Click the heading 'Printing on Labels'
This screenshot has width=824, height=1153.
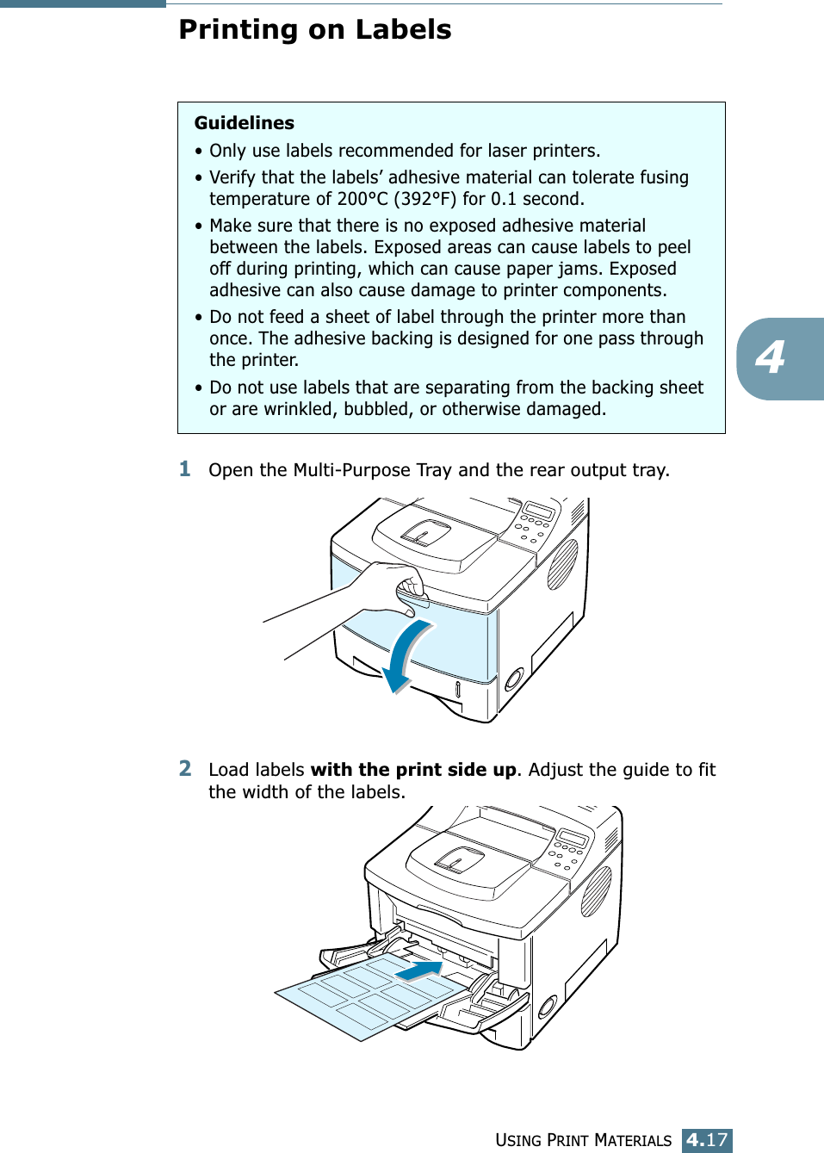314,30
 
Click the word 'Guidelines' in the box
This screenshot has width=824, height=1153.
244,123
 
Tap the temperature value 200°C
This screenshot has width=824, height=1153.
362,199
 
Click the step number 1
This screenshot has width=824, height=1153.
185,469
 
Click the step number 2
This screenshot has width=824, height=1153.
185,768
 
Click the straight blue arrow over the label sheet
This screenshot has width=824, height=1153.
419,970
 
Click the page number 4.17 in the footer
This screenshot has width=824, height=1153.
707,1140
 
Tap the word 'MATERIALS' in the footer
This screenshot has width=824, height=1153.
633,1141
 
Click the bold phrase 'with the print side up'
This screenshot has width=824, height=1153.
413,770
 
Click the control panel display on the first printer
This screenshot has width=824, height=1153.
538,511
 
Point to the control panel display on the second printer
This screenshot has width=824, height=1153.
573,838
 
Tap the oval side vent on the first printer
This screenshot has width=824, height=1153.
562,564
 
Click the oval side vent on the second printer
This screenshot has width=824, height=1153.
596,890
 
